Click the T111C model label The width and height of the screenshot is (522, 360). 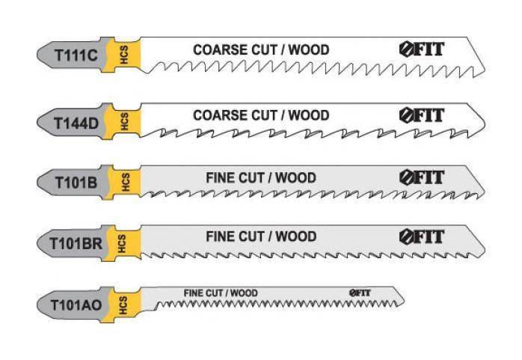click(76, 55)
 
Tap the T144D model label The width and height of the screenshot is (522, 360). click(76, 123)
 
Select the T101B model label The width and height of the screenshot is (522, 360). click(76, 183)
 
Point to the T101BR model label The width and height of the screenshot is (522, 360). click(76, 243)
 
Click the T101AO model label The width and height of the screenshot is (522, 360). click(76, 305)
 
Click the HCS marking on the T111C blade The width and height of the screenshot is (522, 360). click(124, 55)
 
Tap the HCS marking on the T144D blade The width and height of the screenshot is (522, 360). click(124, 121)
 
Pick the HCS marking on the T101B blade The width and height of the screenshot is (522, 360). click(126, 182)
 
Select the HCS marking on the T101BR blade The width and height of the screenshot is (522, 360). click(121, 243)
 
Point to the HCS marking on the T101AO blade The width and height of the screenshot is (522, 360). click(123, 305)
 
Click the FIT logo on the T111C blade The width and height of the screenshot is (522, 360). click(422, 49)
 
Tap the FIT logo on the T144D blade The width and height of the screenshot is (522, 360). click(422, 115)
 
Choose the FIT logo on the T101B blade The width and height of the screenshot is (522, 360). click(422, 177)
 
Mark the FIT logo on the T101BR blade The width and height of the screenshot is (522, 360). click(422, 237)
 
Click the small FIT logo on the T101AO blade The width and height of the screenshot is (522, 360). click(360, 293)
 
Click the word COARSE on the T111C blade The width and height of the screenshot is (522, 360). click(221, 50)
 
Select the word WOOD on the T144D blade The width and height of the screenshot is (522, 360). click(309, 115)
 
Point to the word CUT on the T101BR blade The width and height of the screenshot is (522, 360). click(254, 237)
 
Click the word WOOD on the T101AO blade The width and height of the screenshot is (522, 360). click(244, 293)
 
